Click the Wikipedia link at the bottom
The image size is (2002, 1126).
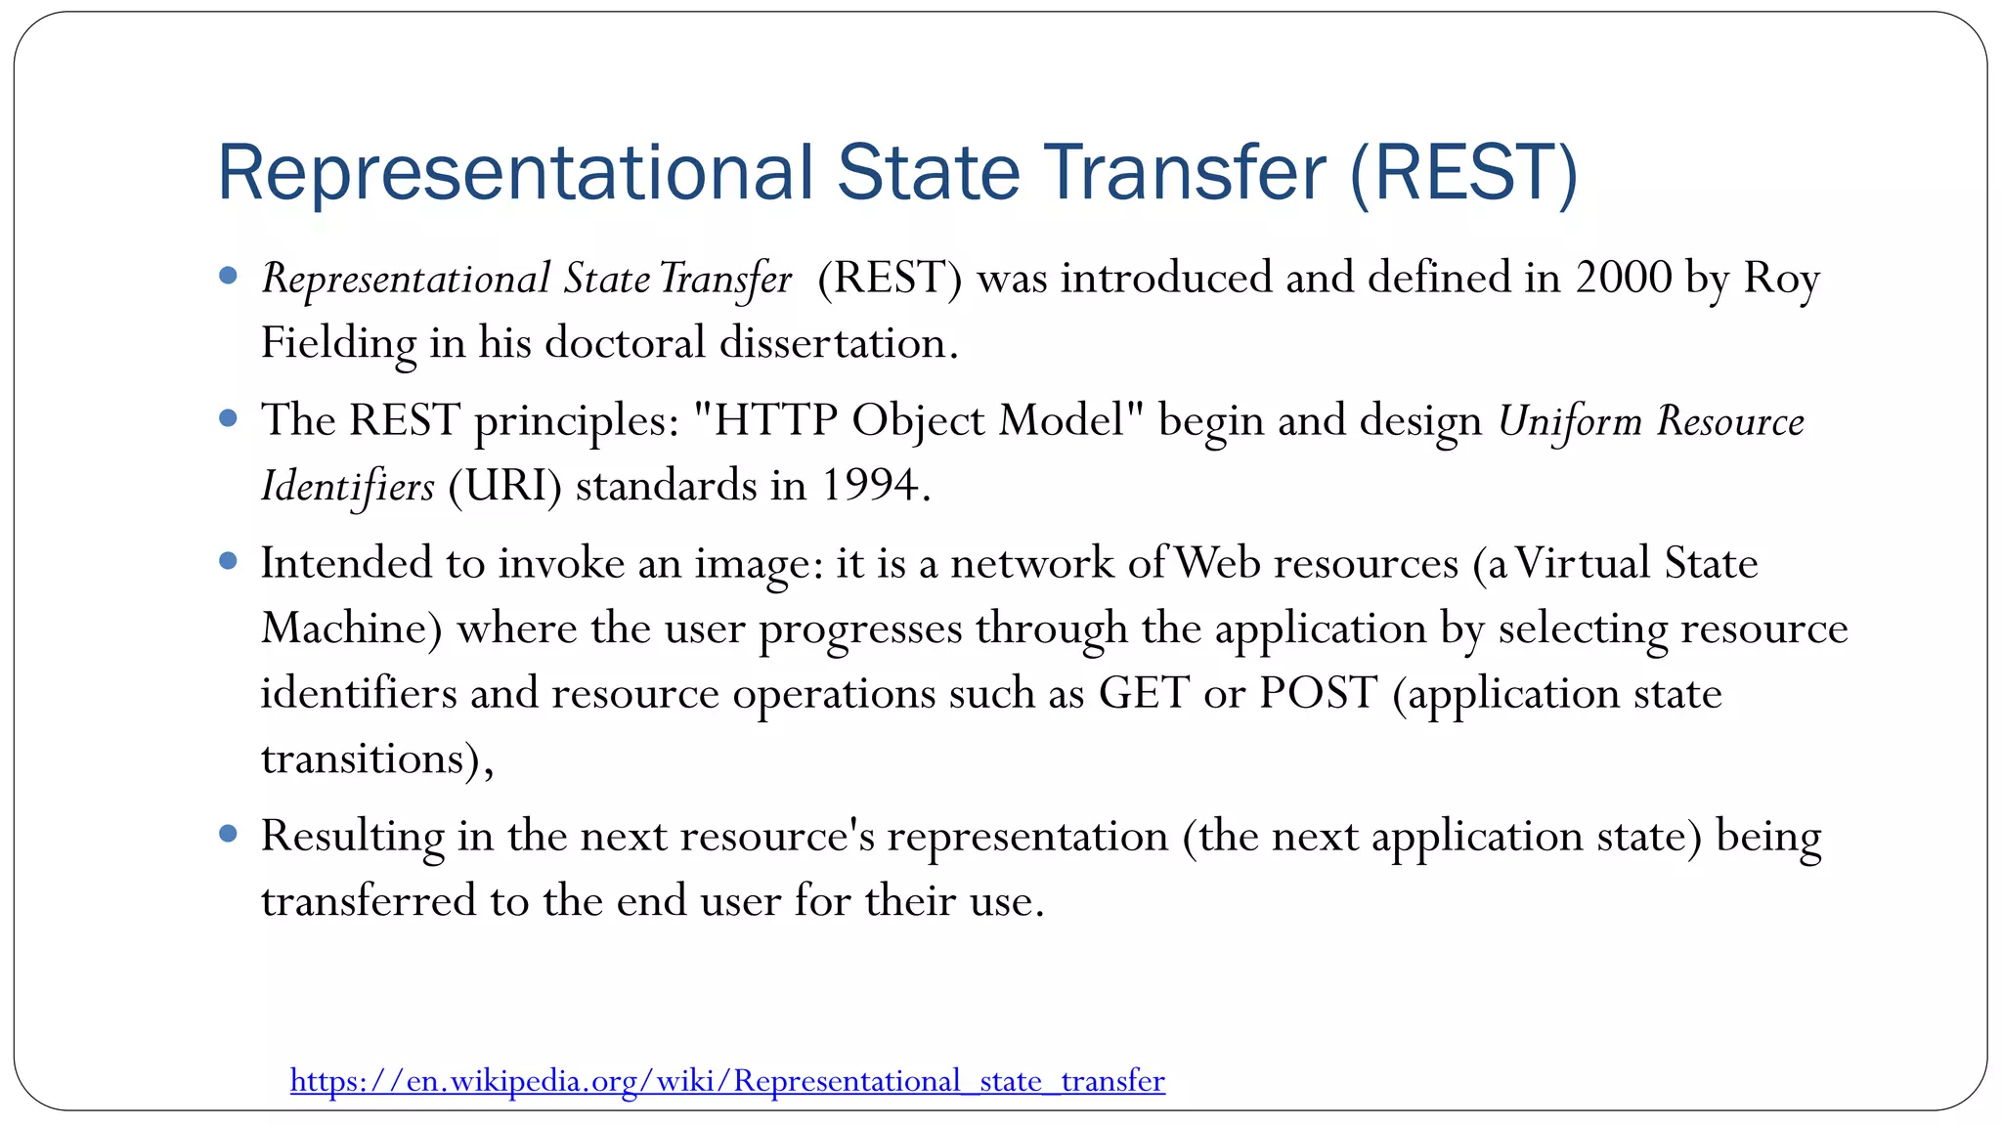[x=727, y=1080]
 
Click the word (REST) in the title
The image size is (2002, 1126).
[x=1463, y=173]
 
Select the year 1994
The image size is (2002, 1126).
[x=869, y=485]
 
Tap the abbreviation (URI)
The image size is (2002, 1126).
[x=504, y=486]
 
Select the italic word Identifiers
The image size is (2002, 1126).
[x=347, y=486]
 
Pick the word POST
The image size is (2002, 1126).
[x=1318, y=693]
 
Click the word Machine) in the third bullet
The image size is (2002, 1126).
[x=352, y=628]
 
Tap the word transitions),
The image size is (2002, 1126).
[x=377, y=758]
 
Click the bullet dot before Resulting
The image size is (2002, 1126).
[x=229, y=834]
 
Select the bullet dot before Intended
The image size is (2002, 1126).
[x=229, y=561]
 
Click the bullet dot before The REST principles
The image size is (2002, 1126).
[x=229, y=419]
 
